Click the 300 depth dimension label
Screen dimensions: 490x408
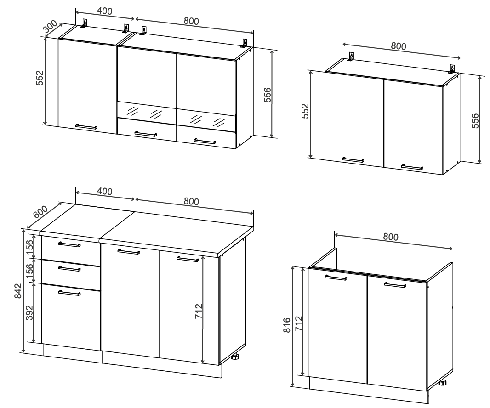(x=50, y=27)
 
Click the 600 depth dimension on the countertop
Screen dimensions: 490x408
(x=40, y=212)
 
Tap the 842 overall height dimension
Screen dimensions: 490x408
(x=18, y=290)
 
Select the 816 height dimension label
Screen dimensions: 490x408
(x=287, y=324)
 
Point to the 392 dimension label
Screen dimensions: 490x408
(x=29, y=312)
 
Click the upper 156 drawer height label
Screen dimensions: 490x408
(x=29, y=247)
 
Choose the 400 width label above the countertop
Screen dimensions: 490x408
(x=104, y=191)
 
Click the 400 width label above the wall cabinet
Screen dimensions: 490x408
(x=104, y=11)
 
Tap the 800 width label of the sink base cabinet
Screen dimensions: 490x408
(x=391, y=237)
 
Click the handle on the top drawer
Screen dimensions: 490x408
(x=69, y=244)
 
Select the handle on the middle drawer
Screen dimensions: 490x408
(x=69, y=268)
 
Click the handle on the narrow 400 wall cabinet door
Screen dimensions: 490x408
(x=86, y=126)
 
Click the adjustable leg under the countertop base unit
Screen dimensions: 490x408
(x=235, y=357)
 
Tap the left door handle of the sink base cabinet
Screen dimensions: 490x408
(x=336, y=278)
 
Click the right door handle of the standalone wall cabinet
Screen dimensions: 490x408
(x=412, y=167)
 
